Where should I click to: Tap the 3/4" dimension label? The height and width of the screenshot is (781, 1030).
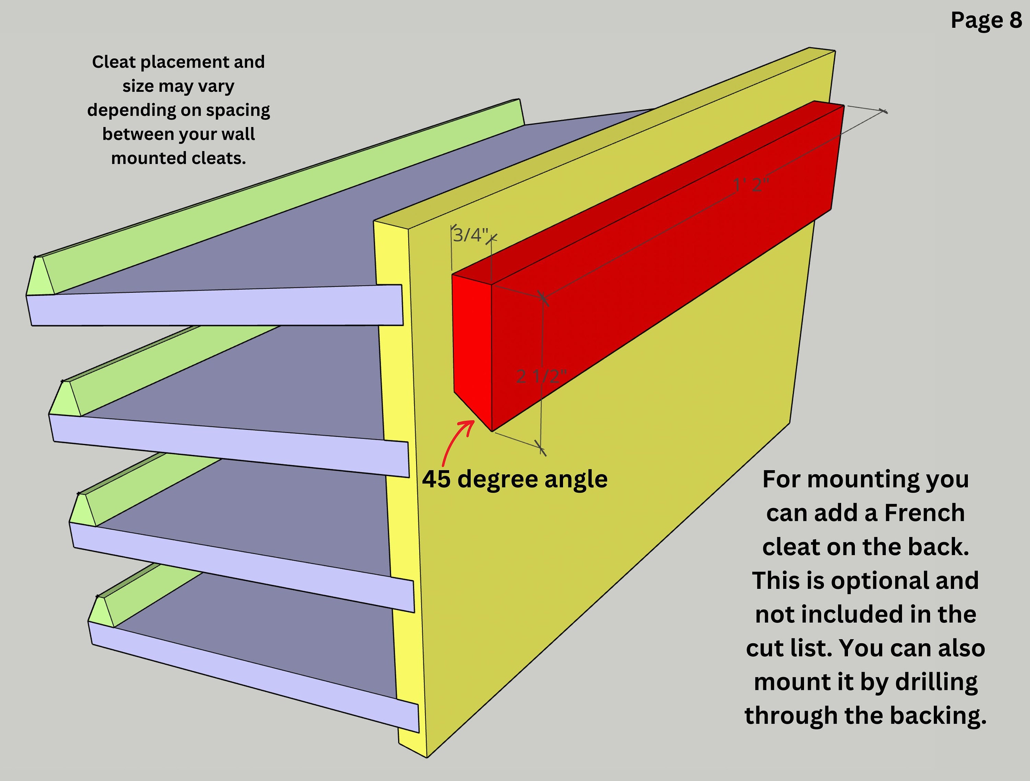(470, 235)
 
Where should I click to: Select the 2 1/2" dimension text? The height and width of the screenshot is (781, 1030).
(541, 376)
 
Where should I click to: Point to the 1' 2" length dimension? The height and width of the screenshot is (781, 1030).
(751, 185)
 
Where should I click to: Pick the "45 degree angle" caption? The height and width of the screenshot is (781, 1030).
(515, 479)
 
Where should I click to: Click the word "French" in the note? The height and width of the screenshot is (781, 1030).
(924, 513)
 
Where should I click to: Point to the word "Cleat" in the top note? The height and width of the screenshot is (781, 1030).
(114, 62)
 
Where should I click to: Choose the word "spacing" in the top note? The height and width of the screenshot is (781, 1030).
(238, 110)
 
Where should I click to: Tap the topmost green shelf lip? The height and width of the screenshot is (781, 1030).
(279, 186)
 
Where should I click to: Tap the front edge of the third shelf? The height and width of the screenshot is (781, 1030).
(242, 566)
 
